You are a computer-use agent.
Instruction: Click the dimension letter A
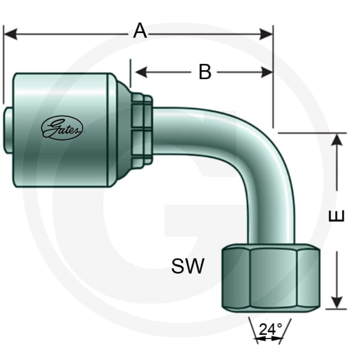pos(140,31)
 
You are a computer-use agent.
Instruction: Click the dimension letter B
pos(205,72)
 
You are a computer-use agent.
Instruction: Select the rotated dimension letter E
pos(337,216)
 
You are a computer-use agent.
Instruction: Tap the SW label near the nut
pos(188,266)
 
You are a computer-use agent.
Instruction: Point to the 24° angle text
pos(270,329)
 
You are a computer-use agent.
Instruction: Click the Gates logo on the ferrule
pos(62,128)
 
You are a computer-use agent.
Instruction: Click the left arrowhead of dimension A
pos(11,34)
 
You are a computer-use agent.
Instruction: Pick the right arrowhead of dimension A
pos(266,34)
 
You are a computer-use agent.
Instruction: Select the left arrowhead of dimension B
pos(141,72)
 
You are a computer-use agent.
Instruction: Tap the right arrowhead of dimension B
pos(267,72)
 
